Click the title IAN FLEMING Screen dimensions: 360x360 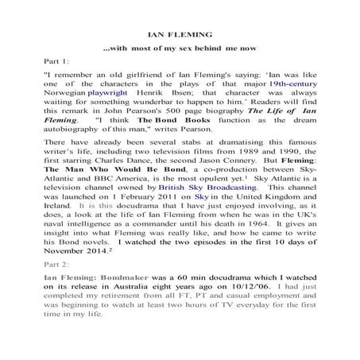click(180, 36)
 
